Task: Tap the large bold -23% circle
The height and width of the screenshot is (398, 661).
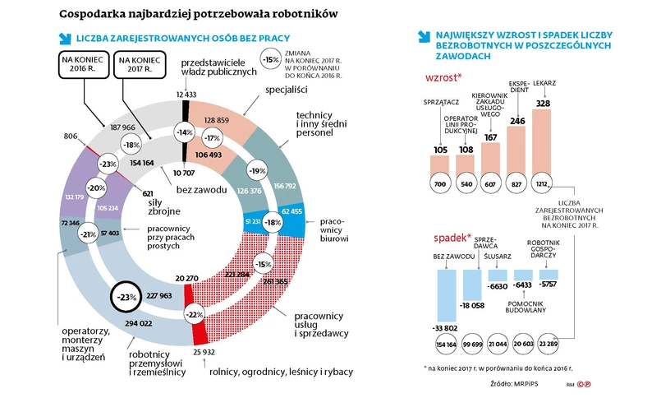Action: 126,295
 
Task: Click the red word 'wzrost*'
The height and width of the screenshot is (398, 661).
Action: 443,77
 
